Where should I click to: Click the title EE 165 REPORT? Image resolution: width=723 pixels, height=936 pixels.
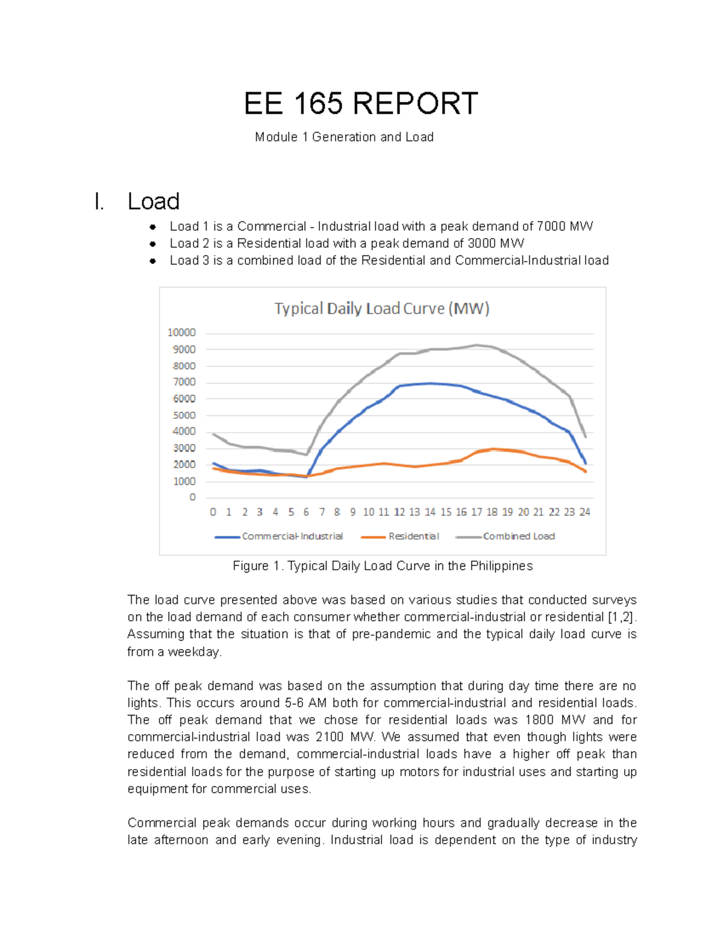click(x=361, y=104)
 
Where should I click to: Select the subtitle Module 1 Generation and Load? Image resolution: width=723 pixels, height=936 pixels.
click(x=344, y=137)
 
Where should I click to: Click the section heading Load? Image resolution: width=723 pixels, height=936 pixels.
click(x=153, y=201)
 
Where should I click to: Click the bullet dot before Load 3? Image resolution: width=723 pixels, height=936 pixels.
click(x=153, y=261)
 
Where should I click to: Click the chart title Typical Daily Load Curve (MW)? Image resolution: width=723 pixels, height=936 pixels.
click(x=382, y=309)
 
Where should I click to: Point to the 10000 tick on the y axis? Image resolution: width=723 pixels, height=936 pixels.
click(x=181, y=333)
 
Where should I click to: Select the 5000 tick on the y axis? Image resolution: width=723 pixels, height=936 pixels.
click(x=184, y=415)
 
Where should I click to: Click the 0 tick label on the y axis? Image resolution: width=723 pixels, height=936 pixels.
click(x=192, y=497)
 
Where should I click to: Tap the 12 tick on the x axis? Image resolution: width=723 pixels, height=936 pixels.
click(x=399, y=512)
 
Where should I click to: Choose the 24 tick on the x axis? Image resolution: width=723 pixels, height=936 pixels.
click(x=584, y=512)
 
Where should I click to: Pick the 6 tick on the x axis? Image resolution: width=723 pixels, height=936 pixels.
click(x=306, y=512)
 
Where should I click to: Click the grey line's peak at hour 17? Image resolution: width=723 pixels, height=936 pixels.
click(x=477, y=345)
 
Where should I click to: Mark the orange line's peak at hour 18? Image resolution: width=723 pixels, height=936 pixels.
click(x=492, y=449)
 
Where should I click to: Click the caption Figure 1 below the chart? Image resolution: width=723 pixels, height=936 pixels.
click(x=383, y=566)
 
